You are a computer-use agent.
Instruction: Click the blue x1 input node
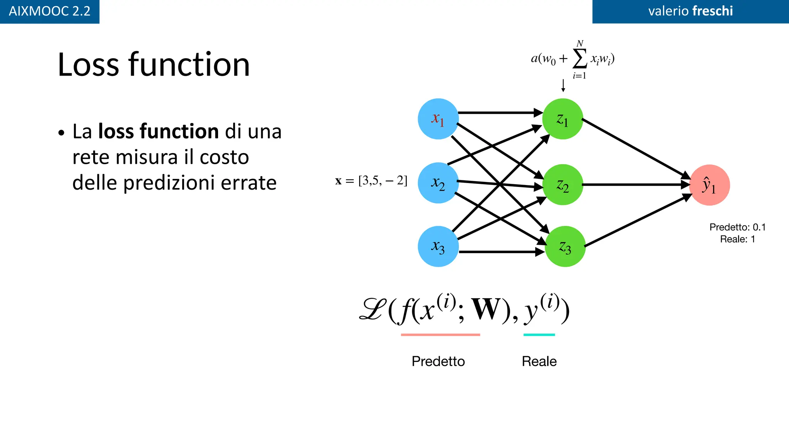pyautogui.click(x=438, y=119)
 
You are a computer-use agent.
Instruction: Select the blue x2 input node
pyautogui.click(x=438, y=183)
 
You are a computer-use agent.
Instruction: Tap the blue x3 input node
pyautogui.click(x=438, y=246)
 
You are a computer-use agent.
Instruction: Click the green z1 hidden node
pyautogui.click(x=562, y=119)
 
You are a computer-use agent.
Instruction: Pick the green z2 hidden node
pyautogui.click(x=562, y=185)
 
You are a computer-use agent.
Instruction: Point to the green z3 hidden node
pyautogui.click(x=565, y=246)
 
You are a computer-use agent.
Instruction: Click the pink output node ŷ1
pyautogui.click(x=709, y=185)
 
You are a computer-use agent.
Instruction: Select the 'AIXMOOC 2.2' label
pyautogui.click(x=49, y=11)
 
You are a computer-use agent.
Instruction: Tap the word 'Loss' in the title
pyautogui.click(x=88, y=64)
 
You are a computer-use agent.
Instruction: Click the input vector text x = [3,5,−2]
pyautogui.click(x=371, y=180)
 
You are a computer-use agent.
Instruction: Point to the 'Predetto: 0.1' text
pyautogui.click(x=737, y=227)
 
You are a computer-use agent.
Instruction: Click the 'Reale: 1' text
pyautogui.click(x=737, y=239)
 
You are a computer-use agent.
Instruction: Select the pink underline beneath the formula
pyautogui.click(x=440, y=335)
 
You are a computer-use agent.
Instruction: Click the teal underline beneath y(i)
pyautogui.click(x=539, y=335)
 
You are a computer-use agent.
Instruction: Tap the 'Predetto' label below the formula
pyautogui.click(x=438, y=361)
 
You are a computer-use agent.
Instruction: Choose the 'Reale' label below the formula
pyautogui.click(x=539, y=361)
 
